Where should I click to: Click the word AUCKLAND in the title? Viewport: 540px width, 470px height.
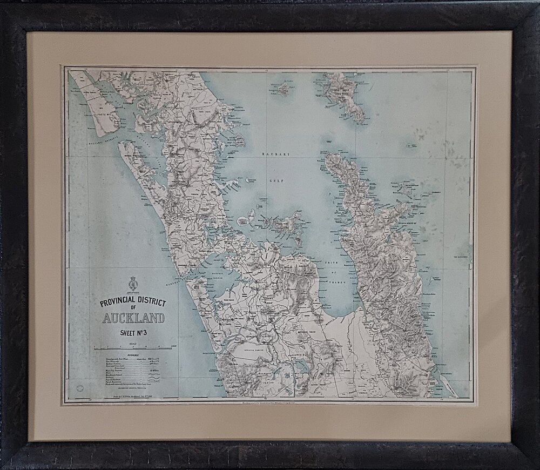coord(133,318)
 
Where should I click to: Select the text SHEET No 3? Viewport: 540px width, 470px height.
coord(133,333)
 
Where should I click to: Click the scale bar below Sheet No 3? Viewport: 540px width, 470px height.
coord(133,345)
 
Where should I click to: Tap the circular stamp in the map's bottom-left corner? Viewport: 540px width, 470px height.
coord(81,387)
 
